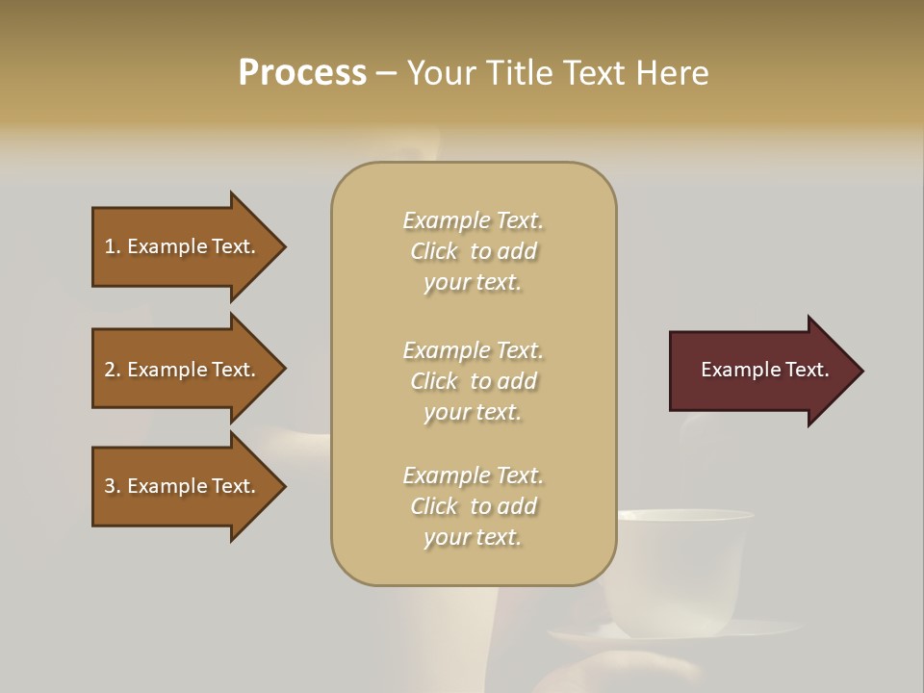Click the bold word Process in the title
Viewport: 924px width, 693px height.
point(302,73)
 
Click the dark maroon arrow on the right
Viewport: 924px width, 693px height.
point(760,371)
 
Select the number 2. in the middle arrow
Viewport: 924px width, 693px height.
point(113,370)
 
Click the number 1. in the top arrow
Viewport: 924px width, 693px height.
point(113,246)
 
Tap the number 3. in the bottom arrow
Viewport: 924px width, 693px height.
point(113,486)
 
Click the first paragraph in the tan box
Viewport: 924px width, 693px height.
point(473,251)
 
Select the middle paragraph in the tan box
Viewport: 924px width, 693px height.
point(473,381)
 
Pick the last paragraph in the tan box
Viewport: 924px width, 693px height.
point(473,506)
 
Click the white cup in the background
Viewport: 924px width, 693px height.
point(683,568)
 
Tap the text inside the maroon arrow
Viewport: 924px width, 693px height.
point(764,370)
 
